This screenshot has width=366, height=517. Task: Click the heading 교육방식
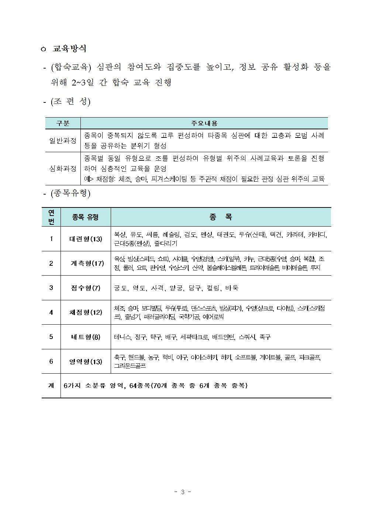69,49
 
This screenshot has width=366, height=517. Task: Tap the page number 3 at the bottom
182,492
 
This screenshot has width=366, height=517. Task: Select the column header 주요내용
204,123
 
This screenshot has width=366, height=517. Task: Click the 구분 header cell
63,123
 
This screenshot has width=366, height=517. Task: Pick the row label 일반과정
63,140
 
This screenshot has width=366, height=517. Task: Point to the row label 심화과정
63,168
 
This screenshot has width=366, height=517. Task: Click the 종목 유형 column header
85,217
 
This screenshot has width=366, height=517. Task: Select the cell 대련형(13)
86,239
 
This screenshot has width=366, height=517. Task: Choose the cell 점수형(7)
86,288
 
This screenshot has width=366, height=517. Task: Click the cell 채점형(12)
86,312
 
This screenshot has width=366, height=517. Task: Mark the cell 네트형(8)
86,337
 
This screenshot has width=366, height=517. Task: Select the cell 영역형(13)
86,361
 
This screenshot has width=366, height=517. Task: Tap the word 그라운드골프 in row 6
130,366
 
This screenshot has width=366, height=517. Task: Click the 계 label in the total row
51,385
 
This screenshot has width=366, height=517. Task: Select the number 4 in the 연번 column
51,312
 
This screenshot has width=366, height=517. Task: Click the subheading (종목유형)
70,193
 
